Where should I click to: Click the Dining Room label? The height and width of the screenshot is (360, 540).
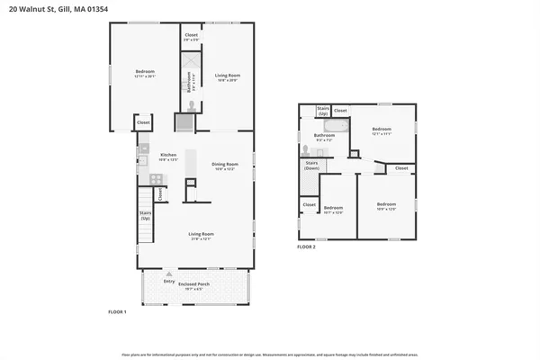(224, 165)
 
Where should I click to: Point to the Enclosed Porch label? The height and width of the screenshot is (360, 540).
(195, 285)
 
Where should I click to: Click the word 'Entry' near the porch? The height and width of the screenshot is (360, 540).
(169, 280)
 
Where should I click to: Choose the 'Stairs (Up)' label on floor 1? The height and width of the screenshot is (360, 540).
(145, 216)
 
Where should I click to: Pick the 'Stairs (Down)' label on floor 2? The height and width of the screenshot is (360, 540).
(311, 166)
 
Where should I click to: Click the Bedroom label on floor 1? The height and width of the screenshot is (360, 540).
(146, 74)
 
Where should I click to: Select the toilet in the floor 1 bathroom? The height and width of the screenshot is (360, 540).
(191, 102)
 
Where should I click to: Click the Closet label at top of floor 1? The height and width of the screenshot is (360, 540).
(191, 37)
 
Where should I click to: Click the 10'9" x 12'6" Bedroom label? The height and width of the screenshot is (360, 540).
(386, 205)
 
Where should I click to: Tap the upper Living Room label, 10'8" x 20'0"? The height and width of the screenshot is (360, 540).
(227, 76)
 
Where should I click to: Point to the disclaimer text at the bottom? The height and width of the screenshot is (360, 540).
(269, 354)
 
